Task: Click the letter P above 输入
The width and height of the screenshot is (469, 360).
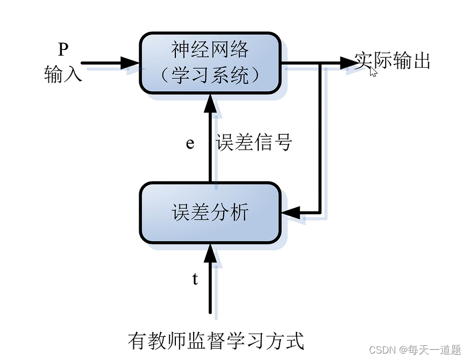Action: click(63, 50)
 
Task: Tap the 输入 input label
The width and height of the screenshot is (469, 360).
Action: click(63, 74)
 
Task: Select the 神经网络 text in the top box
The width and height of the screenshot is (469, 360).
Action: click(210, 50)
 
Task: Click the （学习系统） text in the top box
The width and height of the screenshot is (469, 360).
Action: click(210, 75)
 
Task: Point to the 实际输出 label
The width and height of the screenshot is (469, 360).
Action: click(393, 61)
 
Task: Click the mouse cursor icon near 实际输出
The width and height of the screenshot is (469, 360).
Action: click(373, 72)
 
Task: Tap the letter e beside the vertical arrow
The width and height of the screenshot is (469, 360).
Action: click(190, 144)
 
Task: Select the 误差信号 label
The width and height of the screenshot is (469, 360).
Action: click(254, 143)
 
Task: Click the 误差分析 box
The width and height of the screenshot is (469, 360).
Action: click(210, 213)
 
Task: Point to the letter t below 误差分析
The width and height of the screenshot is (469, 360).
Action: click(195, 279)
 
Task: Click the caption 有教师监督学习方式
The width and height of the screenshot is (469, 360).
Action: click(216, 340)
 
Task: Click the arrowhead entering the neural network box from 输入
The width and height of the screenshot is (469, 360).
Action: click(130, 62)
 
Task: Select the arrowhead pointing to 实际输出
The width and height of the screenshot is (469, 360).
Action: click(349, 62)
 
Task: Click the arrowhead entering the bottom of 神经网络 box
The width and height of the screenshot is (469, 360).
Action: click(210, 103)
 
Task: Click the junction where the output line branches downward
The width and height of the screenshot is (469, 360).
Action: click(321, 62)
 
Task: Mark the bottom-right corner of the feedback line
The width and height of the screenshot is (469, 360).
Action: click(321, 213)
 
